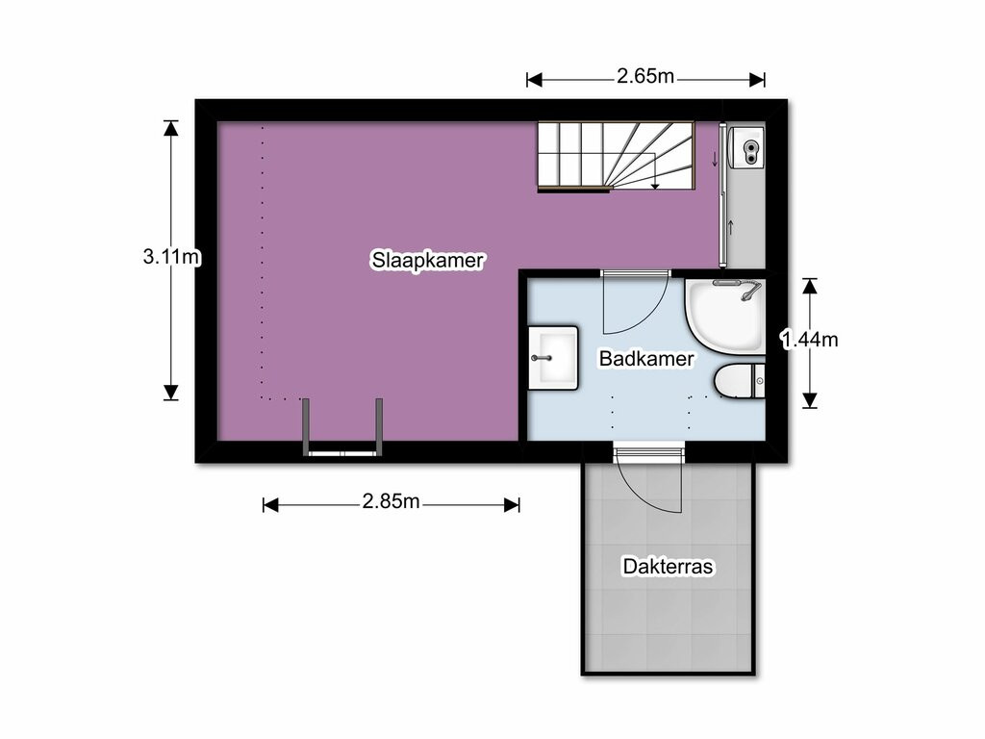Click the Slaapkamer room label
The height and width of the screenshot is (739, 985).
pyautogui.click(x=427, y=260)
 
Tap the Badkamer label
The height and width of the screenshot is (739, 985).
pyautogui.click(x=646, y=358)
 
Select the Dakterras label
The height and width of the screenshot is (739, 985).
pyautogui.click(x=668, y=566)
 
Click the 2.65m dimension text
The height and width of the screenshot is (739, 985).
pyautogui.click(x=645, y=76)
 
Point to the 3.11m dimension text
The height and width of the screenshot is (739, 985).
pyautogui.click(x=171, y=256)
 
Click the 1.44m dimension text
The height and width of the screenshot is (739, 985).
pyautogui.click(x=809, y=340)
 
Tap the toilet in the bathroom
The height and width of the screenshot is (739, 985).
pyautogui.click(x=740, y=380)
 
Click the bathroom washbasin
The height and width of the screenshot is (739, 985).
pyautogui.click(x=553, y=358)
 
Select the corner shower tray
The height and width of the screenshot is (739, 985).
pyautogui.click(x=725, y=318)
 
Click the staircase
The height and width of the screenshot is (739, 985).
pyautogui.click(x=616, y=156)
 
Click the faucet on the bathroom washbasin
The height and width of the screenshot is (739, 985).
pyautogui.click(x=542, y=358)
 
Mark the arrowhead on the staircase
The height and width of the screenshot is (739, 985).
pyautogui.click(x=655, y=185)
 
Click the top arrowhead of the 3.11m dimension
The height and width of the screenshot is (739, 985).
pyautogui.click(x=171, y=128)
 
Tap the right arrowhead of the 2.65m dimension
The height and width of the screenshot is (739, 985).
pyautogui.click(x=757, y=80)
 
